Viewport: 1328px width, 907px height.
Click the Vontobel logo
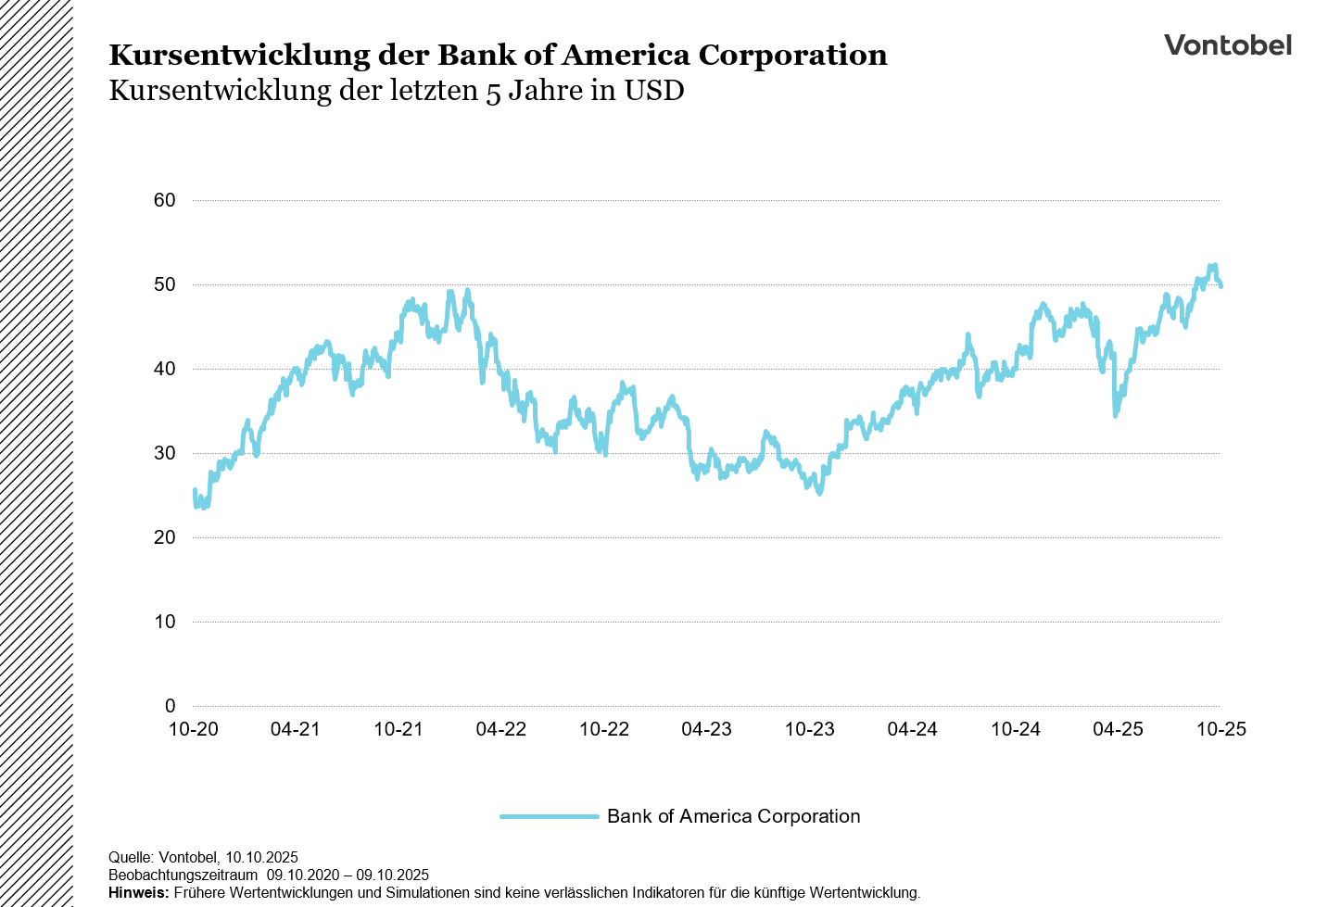coord(1227,45)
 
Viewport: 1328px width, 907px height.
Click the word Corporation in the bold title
coord(792,56)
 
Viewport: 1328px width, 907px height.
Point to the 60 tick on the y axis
coord(165,200)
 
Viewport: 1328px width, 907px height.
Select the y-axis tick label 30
coord(165,453)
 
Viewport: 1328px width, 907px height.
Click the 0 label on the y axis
coord(170,706)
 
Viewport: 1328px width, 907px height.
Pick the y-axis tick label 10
coord(165,622)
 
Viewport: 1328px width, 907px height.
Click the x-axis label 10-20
coord(193,729)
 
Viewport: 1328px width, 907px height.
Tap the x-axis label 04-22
coord(501,729)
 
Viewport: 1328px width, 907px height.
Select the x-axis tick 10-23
coord(810,729)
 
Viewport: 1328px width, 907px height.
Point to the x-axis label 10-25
coord(1221,729)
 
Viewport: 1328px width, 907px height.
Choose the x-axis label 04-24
coord(913,729)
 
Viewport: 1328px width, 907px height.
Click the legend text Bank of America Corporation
coord(733,816)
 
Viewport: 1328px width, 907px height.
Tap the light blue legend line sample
coord(550,816)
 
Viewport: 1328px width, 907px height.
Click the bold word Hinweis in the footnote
coord(138,893)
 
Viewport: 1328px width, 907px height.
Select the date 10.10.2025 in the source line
coord(261,857)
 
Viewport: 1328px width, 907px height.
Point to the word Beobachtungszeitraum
coord(183,875)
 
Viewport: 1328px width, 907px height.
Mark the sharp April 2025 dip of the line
coord(1116,415)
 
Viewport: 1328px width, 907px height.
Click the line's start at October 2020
coord(195,491)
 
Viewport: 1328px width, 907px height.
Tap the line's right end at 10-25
coord(1220,285)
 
